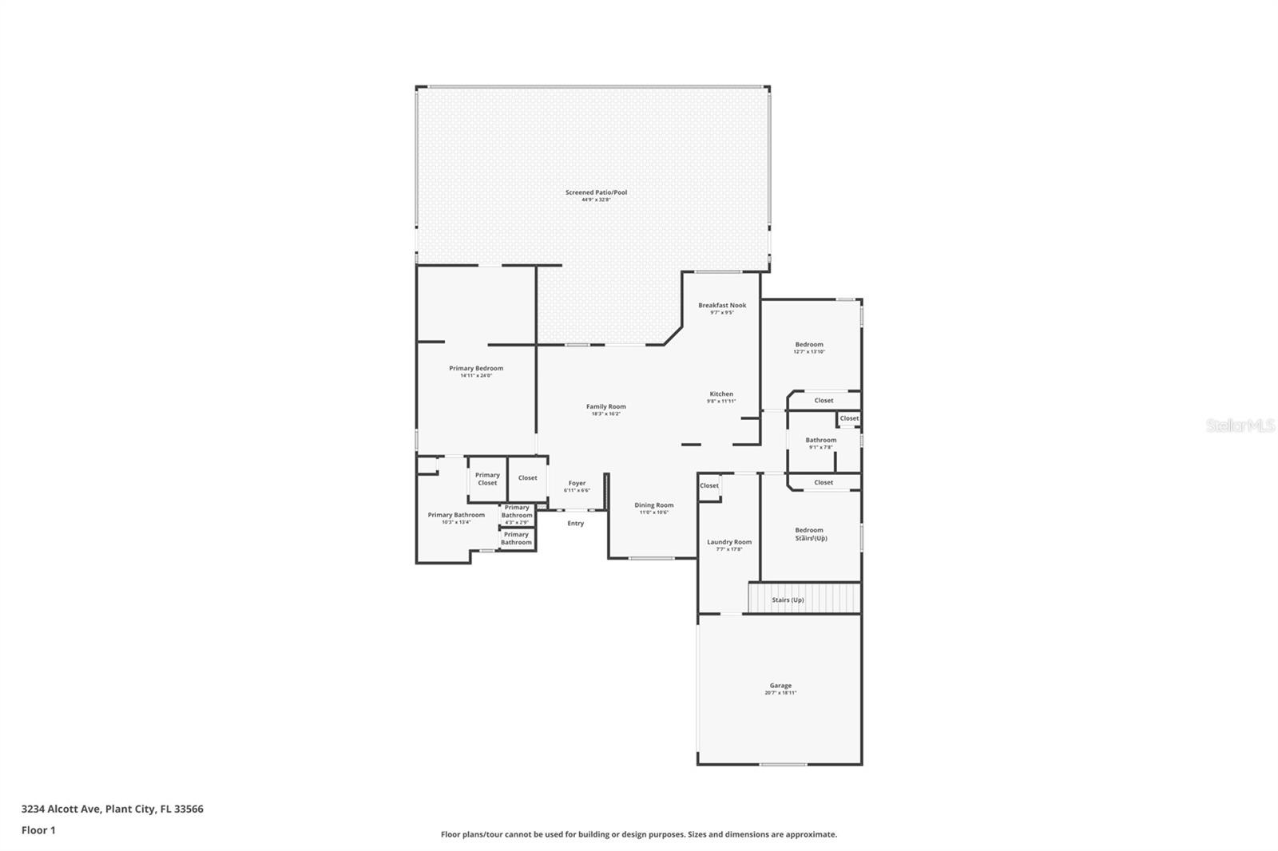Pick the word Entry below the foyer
point(576,524)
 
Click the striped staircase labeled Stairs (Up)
point(804,599)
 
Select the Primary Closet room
point(487,479)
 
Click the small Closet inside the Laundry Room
point(709,485)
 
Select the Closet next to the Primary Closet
point(528,478)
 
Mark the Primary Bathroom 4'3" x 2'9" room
point(517,514)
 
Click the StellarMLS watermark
point(1240,426)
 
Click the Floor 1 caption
point(38,830)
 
